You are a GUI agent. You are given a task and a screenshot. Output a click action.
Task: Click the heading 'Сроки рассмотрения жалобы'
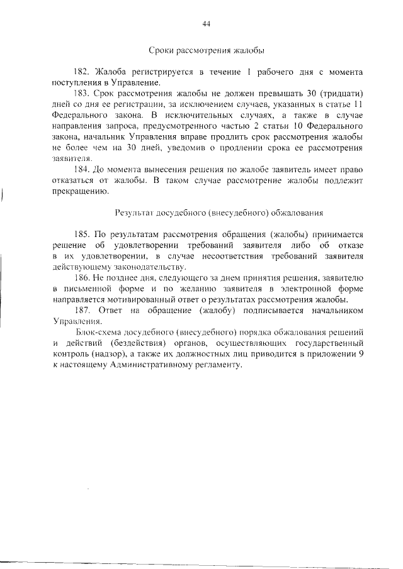click(x=206, y=50)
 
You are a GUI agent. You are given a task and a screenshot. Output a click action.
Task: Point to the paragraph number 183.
click(x=83, y=94)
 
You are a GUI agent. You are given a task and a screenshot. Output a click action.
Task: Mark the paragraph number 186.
click(x=83, y=277)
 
